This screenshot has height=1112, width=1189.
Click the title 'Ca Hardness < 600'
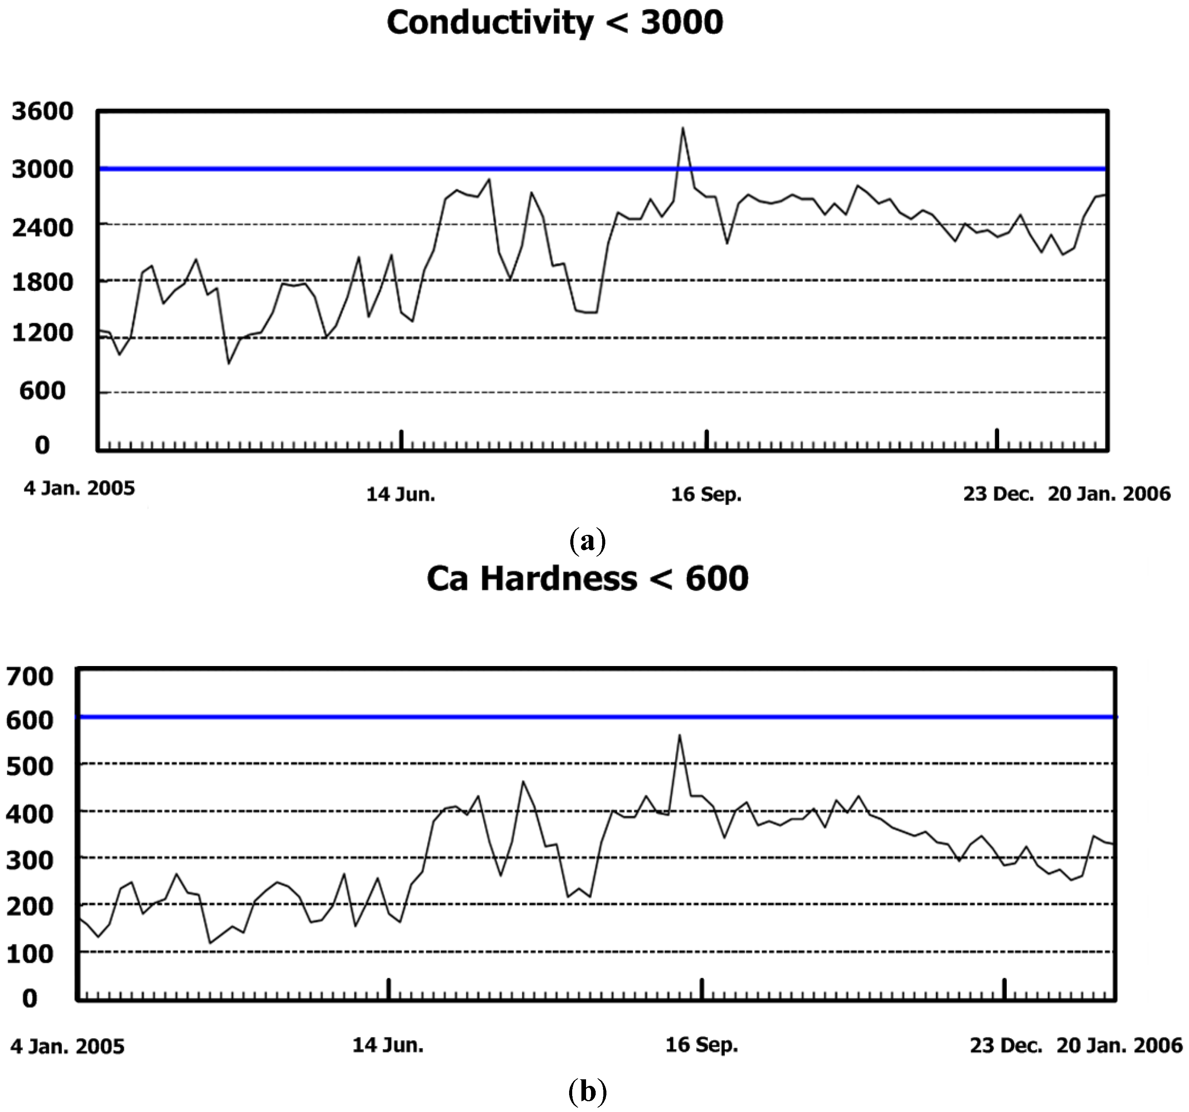[587, 579]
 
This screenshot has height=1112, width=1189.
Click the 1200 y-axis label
[42, 333]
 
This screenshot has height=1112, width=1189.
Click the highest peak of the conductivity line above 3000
[683, 128]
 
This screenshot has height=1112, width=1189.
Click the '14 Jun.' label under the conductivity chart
[401, 495]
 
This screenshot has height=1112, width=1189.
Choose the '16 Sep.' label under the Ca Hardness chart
[701, 1045]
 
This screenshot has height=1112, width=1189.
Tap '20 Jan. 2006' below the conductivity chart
[1109, 494]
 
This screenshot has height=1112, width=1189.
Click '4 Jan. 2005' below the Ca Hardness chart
[67, 1047]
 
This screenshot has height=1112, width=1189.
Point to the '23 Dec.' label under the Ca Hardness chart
[1006, 1045]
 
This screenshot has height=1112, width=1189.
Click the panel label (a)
[588, 541]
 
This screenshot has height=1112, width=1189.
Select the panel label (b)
[587, 1092]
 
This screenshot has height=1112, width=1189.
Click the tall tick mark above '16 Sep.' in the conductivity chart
[706, 439]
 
